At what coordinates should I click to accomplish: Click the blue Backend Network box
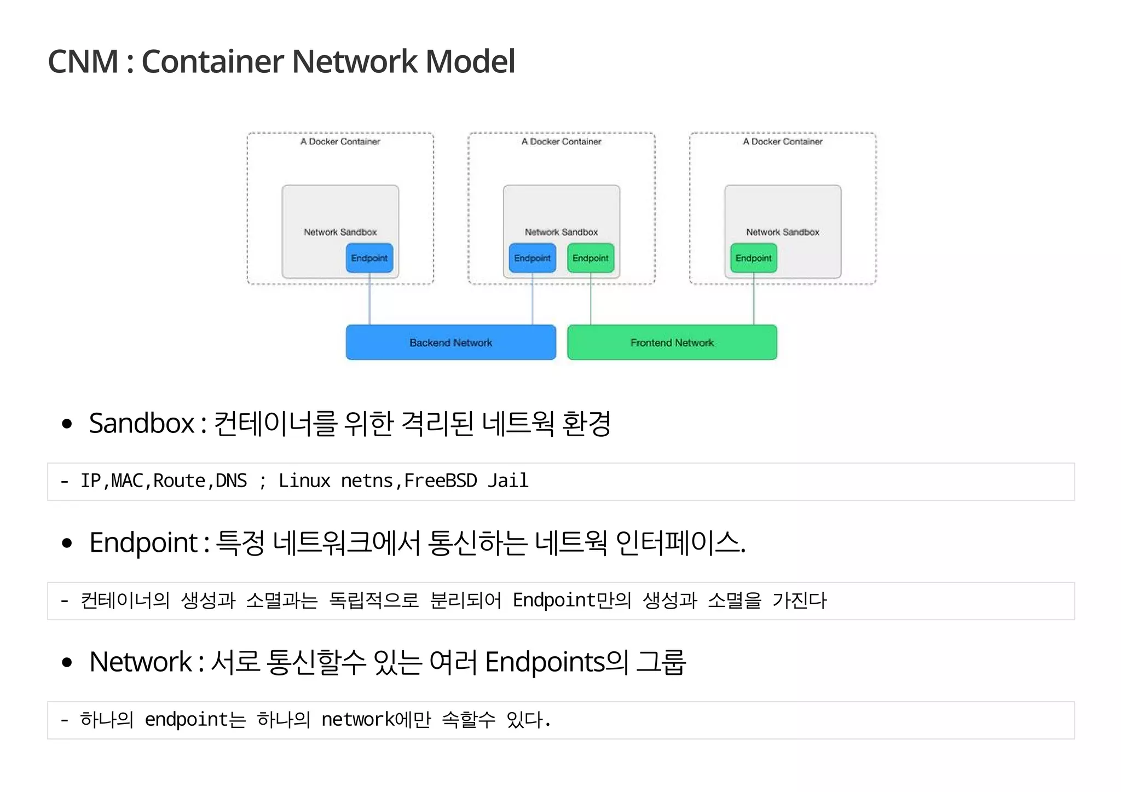click(x=450, y=343)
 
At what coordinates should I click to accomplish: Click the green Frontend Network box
click(x=672, y=343)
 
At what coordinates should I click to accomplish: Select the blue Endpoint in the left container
click(x=369, y=258)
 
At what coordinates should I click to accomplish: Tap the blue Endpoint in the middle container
click(x=532, y=258)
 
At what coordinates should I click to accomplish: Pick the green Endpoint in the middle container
click(x=590, y=258)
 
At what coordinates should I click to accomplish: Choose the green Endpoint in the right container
click(x=753, y=258)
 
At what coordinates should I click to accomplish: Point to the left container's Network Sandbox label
click(x=340, y=232)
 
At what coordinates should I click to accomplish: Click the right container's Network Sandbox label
click(x=782, y=232)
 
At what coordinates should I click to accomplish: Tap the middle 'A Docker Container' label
click(x=561, y=142)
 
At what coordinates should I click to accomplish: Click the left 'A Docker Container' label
click(x=340, y=142)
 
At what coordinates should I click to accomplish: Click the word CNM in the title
click(x=83, y=61)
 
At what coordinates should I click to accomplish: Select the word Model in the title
click(x=470, y=61)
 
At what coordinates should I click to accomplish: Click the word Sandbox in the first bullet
click(x=142, y=424)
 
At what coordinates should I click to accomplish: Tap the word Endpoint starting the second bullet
click(x=143, y=543)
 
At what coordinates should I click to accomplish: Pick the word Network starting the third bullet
click(x=141, y=662)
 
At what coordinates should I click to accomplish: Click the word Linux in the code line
click(x=304, y=481)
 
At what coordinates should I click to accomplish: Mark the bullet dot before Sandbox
click(x=67, y=424)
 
